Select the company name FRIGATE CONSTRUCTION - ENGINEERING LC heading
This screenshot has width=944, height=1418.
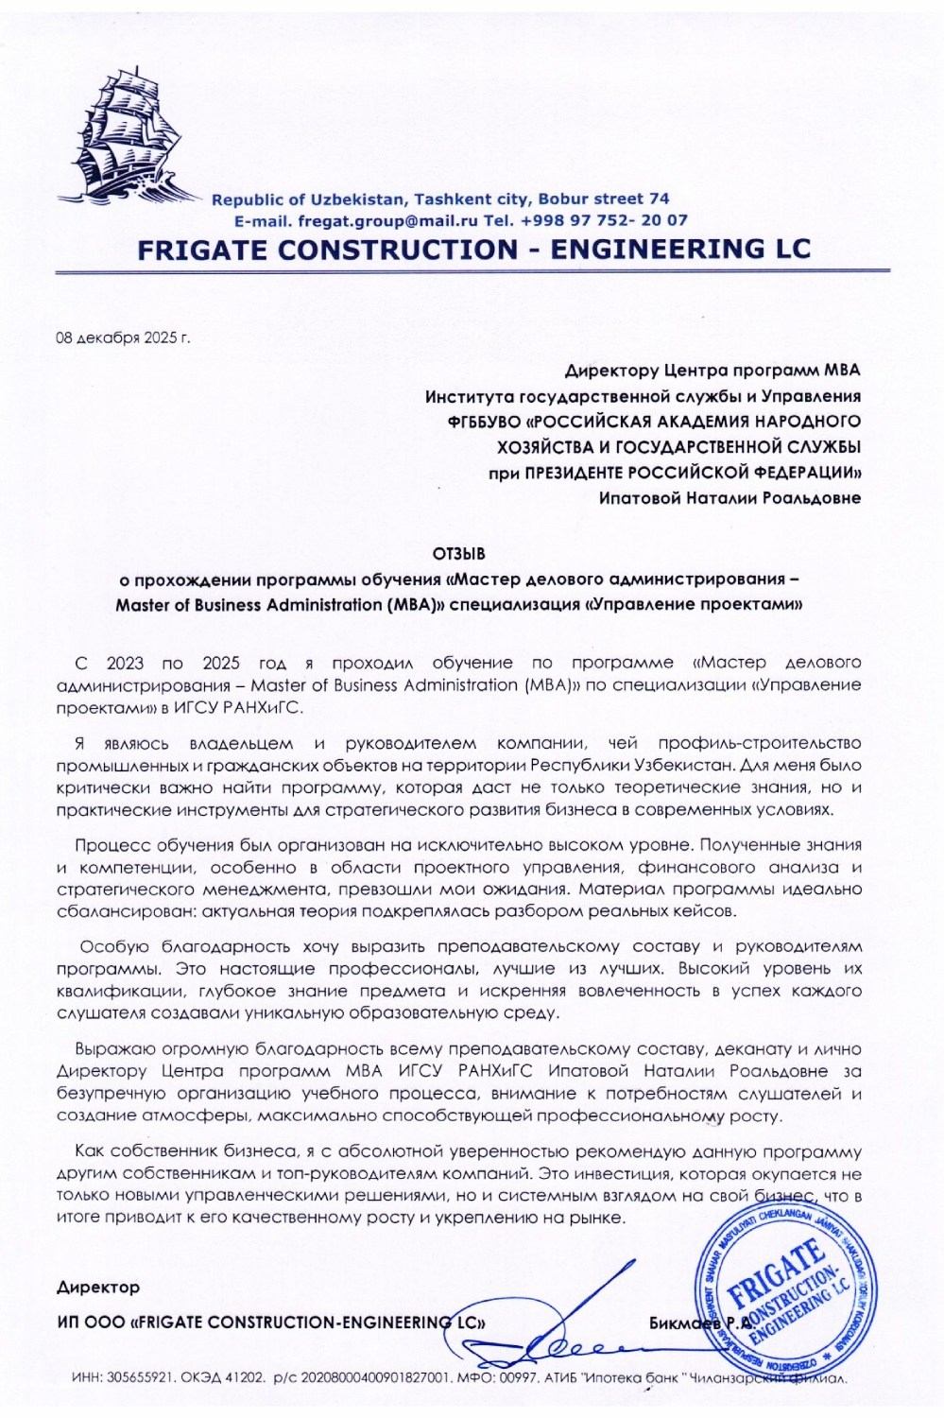(473, 249)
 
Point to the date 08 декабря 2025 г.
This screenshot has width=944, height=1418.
(124, 337)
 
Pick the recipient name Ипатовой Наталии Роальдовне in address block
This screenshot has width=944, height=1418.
(729, 498)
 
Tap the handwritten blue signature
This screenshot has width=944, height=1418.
(567, 1333)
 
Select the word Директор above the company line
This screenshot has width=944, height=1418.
(98, 1288)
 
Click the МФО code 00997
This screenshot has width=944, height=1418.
(518, 1379)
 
